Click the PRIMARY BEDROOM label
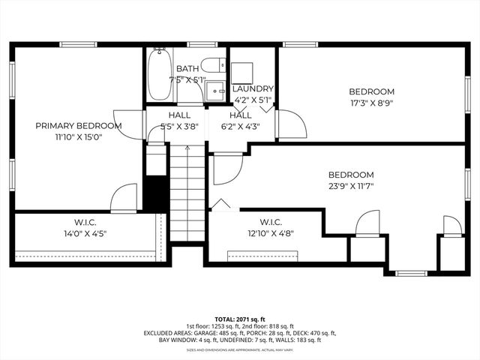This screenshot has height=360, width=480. pyautogui.click(x=79, y=125)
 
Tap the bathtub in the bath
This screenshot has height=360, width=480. pyautogui.click(x=158, y=75)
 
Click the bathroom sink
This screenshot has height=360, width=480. pyautogui.click(x=216, y=89)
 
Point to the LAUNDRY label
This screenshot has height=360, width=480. pyautogui.click(x=253, y=88)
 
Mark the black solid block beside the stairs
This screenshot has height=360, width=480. pyautogui.click(x=154, y=193)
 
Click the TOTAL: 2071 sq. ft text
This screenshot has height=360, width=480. pyautogui.click(x=240, y=319)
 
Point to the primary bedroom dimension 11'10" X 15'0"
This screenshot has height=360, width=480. pyautogui.click(x=79, y=136)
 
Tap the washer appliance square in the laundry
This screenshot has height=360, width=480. pyautogui.click(x=242, y=72)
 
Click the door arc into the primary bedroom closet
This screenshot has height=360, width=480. pyautogui.click(x=124, y=199)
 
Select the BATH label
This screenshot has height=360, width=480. pyautogui.click(x=187, y=68)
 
